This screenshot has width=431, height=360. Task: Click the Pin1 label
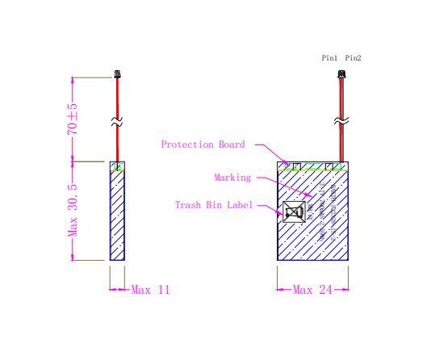point(330,59)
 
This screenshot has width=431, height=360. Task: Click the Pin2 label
point(353,59)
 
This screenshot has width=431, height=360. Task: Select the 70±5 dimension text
point(72,118)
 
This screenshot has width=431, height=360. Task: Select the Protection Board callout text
point(203,144)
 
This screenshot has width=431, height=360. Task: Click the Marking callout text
point(232,178)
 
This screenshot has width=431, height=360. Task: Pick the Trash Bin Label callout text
point(214,205)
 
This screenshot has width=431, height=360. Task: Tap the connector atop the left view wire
point(118,74)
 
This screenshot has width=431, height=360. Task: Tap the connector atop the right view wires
point(341,75)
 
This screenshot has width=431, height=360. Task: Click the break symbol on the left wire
point(118,123)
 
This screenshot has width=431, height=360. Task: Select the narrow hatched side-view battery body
point(117,214)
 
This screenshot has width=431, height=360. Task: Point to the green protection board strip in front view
point(312,167)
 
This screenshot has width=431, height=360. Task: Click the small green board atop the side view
point(118,167)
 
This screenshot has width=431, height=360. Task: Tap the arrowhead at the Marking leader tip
point(310,195)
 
